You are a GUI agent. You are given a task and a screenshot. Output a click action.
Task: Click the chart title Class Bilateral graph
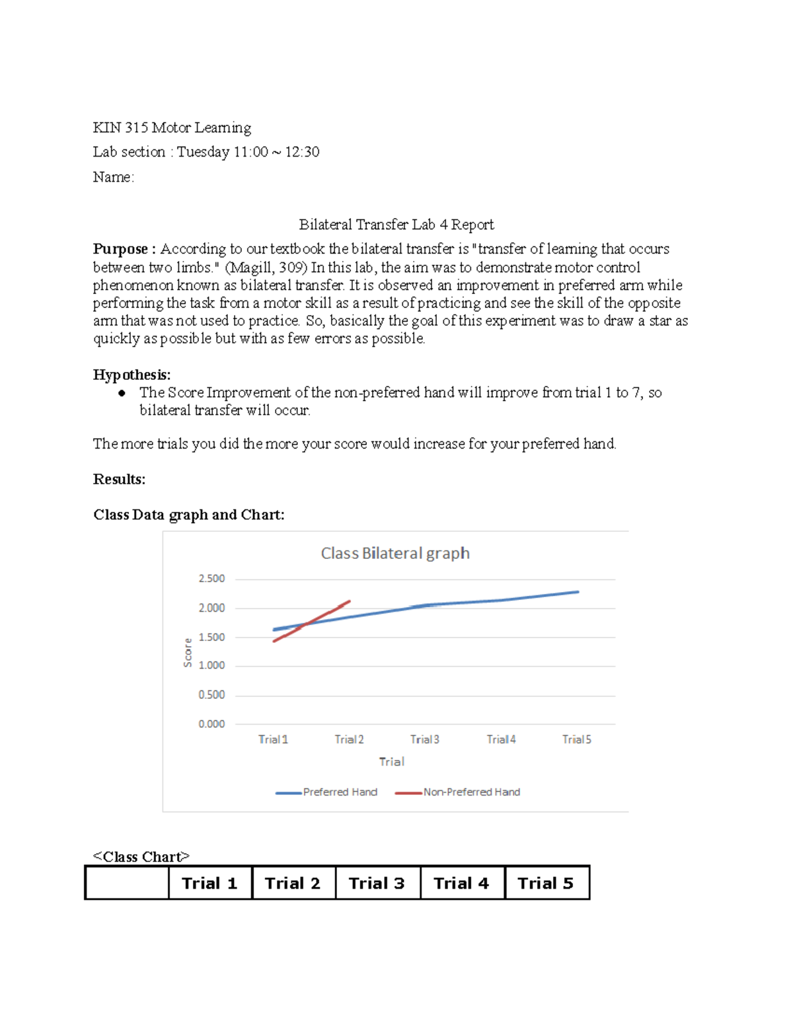(x=395, y=553)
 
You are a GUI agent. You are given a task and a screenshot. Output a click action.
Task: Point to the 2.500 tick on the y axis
(x=211, y=579)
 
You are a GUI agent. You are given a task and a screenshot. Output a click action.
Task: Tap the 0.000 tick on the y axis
(x=211, y=724)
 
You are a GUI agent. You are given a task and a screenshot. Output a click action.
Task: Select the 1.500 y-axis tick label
(x=211, y=638)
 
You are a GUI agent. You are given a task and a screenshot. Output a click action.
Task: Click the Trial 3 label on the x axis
(x=424, y=739)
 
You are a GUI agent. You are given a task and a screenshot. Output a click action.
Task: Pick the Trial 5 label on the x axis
(x=576, y=739)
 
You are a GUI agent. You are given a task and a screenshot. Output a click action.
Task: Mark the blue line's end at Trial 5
(x=578, y=592)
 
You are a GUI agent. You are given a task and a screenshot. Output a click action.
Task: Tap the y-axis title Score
(x=188, y=653)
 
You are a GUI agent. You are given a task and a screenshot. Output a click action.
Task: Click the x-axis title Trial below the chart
(x=391, y=762)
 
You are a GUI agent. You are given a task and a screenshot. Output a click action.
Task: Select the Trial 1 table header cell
(x=209, y=883)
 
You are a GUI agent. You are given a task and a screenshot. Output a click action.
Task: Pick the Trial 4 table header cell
(x=461, y=883)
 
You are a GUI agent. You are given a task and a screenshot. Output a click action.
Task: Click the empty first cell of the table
(x=127, y=883)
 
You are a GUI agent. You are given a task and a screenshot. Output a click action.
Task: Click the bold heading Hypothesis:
(x=132, y=375)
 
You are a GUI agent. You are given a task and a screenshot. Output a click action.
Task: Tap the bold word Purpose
(x=120, y=249)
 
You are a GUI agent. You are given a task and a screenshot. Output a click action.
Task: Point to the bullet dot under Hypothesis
(x=122, y=393)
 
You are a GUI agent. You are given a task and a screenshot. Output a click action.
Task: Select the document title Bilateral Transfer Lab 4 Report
(x=396, y=225)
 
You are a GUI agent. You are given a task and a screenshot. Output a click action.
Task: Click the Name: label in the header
(x=113, y=177)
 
